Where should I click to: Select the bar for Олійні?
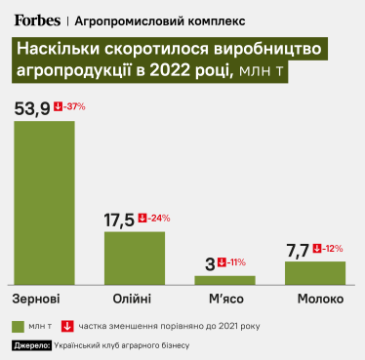[135, 257]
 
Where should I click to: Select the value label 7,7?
[300, 249]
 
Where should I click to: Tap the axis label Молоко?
[316, 297]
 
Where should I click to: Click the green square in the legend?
[20, 327]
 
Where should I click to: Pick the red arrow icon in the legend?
[67, 327]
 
